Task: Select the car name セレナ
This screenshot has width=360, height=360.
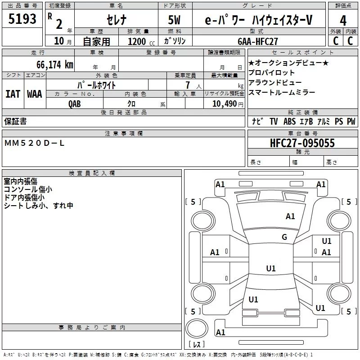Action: pyautogui.click(x=117, y=20)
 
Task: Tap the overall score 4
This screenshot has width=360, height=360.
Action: pyautogui.click(x=343, y=20)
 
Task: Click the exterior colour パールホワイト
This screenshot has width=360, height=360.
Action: pyautogui.click(x=96, y=85)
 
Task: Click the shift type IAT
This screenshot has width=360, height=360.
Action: pyautogui.click(x=13, y=94)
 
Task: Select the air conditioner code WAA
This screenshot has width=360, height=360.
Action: pyautogui.click(x=35, y=94)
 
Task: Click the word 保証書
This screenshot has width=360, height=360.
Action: pyautogui.click(x=15, y=121)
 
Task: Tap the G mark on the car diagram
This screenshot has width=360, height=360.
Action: pyautogui.click(x=284, y=237)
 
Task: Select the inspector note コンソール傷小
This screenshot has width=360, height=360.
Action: pyautogui.click(x=27, y=189)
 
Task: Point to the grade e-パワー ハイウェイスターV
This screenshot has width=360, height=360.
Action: pyautogui.click(x=258, y=20)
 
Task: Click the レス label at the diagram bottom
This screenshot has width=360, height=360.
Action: pyautogui.click(x=197, y=344)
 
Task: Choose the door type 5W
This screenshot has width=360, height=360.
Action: pyautogui.click(x=175, y=20)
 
